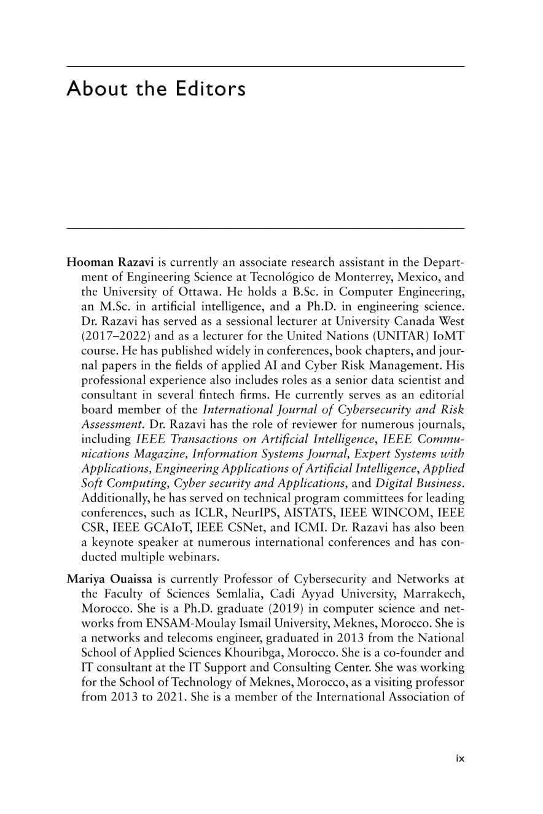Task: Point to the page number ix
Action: point(460,758)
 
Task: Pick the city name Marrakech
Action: point(434,593)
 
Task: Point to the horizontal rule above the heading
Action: point(265,66)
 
